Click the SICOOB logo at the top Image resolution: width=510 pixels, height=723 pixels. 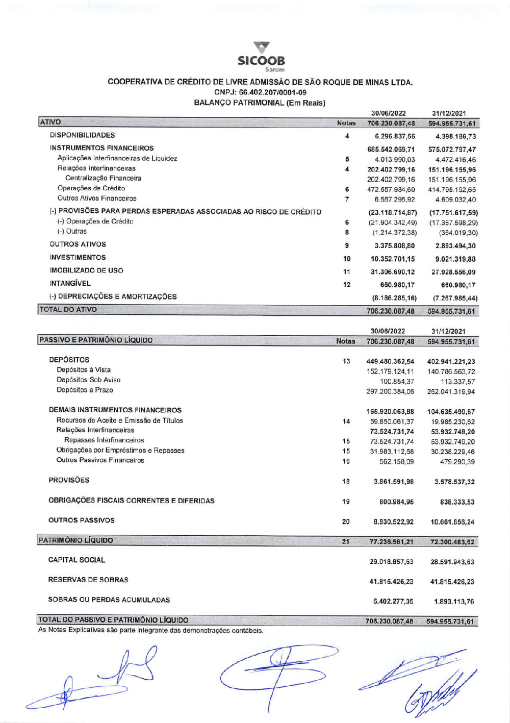coord(262,56)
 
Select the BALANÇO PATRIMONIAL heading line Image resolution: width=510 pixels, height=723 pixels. coord(260,103)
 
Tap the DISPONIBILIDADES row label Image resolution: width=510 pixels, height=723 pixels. coord(82,135)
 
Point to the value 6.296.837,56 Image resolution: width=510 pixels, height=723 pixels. coord(395,136)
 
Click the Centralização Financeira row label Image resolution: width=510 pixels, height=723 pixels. coord(103,178)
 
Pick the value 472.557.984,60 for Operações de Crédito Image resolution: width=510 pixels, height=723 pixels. coord(391,189)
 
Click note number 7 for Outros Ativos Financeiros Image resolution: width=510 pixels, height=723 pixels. coord(347,199)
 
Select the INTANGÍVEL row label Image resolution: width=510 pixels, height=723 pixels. coord(70,283)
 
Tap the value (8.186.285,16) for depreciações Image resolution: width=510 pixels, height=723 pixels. coord(394,298)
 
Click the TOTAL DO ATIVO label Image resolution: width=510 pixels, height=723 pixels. coord(68,309)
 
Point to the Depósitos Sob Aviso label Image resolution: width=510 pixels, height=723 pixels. coord(89,380)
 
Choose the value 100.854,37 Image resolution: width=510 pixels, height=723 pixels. coord(397,382)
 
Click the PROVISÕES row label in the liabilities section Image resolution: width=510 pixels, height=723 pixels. coord(69,480)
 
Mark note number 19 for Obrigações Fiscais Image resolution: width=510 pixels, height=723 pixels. coord(346,502)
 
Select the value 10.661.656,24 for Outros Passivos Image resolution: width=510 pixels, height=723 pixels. coord(452,522)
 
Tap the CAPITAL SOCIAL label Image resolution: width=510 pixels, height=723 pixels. coord(76,560)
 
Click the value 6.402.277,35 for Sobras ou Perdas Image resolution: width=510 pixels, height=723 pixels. coord(393,602)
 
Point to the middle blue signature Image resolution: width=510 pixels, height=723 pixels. coord(278,674)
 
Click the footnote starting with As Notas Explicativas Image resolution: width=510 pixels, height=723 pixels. coord(150,631)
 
